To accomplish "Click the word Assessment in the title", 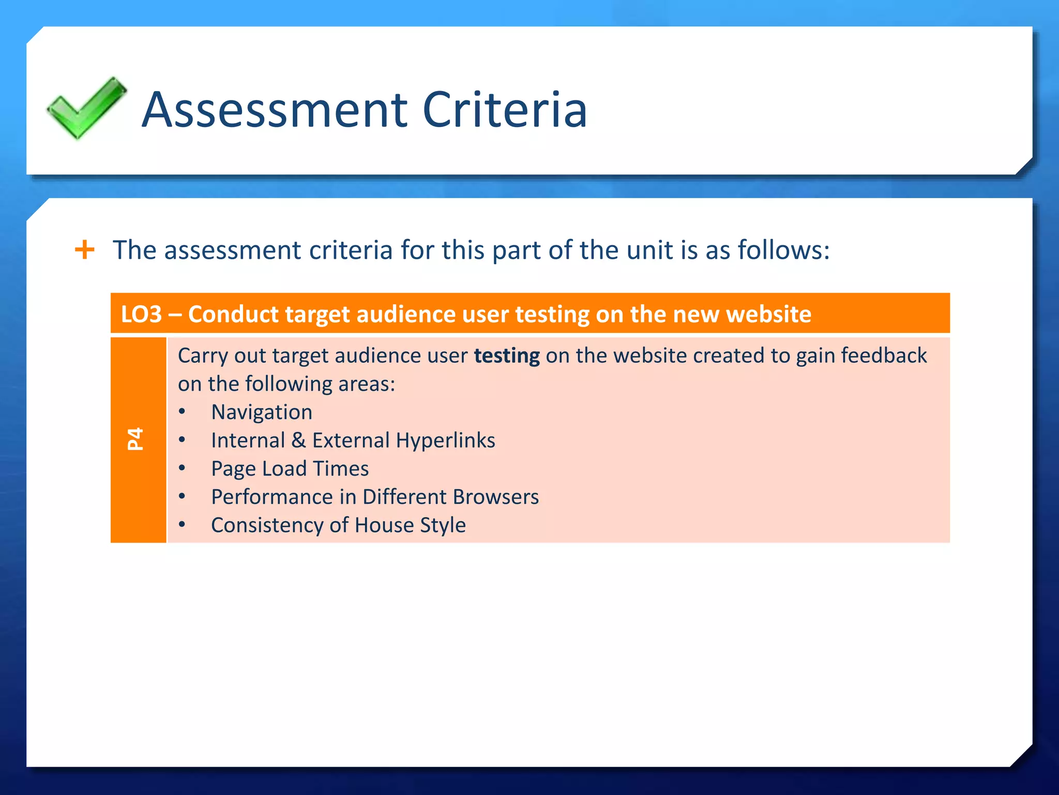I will tap(275, 110).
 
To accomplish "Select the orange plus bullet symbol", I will tap(85, 250).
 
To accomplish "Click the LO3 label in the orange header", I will tap(141, 314).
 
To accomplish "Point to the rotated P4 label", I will tap(135, 439).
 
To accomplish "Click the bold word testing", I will tap(507, 356).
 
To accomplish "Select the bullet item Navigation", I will tap(262, 412).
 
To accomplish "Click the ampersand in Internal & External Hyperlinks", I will tap(298, 440).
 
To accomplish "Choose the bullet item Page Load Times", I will tap(290, 469).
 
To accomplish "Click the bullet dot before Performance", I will tap(182, 497).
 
